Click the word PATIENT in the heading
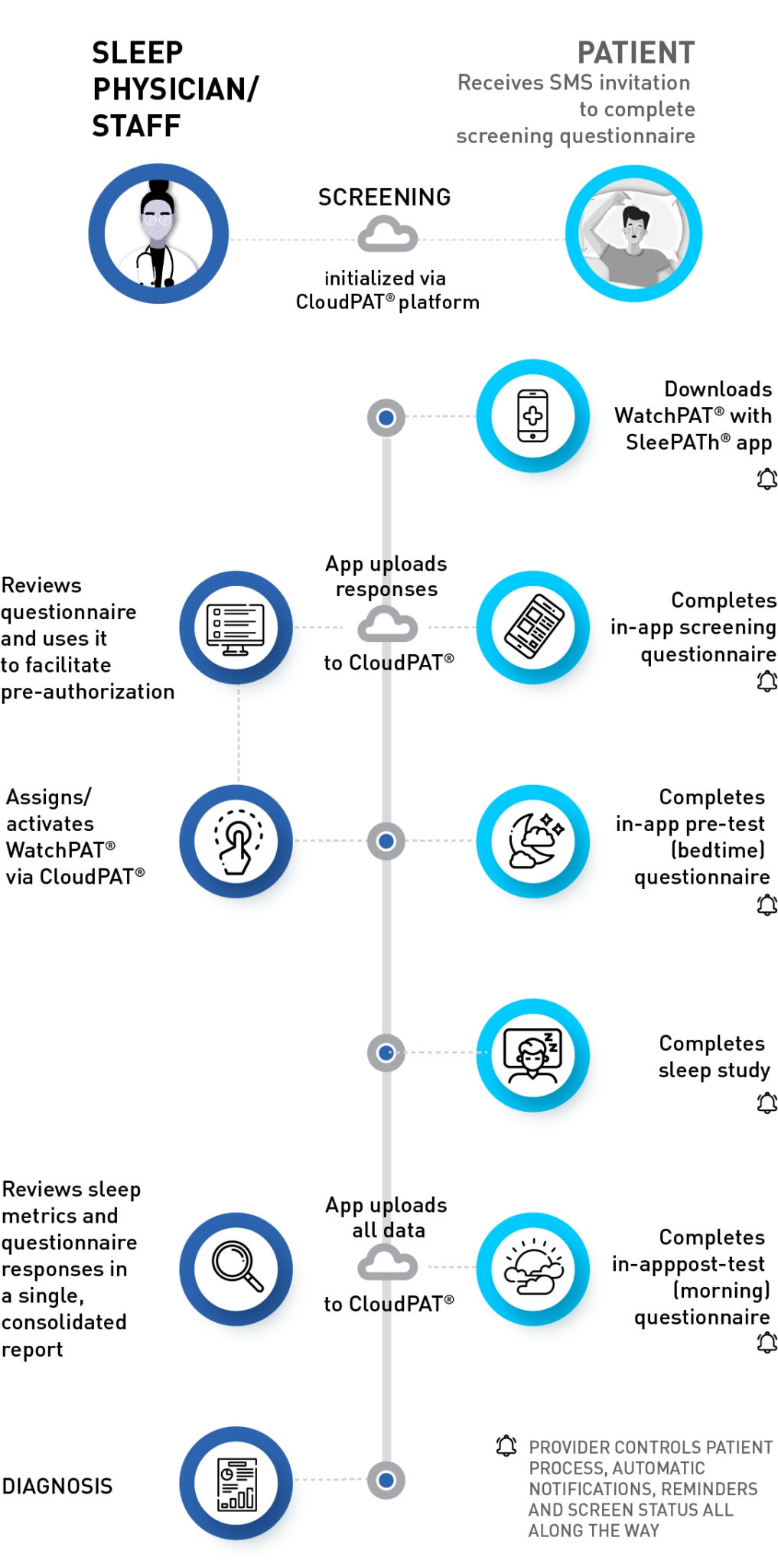pos(636,54)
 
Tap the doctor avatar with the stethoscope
pos(158,233)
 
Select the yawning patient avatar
pos(633,233)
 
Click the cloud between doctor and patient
pos(388,235)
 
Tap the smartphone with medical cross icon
pos(532,416)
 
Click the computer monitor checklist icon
pos(236,627)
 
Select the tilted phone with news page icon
pos(533,627)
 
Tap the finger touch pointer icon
pos(236,841)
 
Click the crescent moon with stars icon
pos(533,841)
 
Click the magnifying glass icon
pos(236,1266)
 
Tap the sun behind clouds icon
pos(533,1268)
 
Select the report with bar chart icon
pos(236,1481)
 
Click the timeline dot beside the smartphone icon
pos(386,418)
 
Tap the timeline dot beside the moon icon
pos(386,842)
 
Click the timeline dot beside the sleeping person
pos(386,1053)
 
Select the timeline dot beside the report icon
pos(386,1481)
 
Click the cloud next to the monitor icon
pos(388,625)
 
